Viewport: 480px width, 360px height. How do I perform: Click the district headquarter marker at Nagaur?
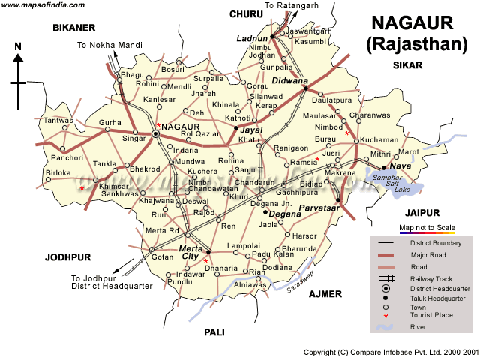(x=155, y=133)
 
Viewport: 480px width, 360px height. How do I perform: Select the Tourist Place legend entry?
(x=431, y=315)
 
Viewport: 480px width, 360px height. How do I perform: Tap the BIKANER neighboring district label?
(x=74, y=28)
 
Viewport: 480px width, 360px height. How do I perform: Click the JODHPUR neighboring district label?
(x=67, y=256)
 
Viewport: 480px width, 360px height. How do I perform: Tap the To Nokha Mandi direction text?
(x=109, y=46)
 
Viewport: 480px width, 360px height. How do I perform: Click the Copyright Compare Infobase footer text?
(x=389, y=352)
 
